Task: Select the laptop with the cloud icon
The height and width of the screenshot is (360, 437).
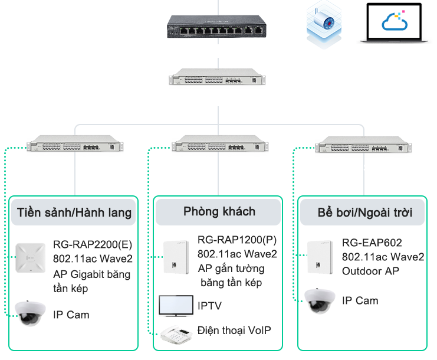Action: coord(396,25)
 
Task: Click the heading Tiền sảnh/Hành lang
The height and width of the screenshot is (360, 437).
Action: coord(74,212)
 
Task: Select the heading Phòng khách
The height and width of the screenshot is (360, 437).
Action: coord(219,211)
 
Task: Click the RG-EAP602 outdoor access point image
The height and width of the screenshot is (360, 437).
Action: coord(321,257)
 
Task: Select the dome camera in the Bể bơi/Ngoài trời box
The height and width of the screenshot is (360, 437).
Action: coord(319,300)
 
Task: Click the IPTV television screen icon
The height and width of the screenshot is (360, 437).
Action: coord(176,306)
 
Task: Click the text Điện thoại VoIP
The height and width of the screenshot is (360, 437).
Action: coord(234,330)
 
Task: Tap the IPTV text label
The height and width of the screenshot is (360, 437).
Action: coord(211,306)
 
